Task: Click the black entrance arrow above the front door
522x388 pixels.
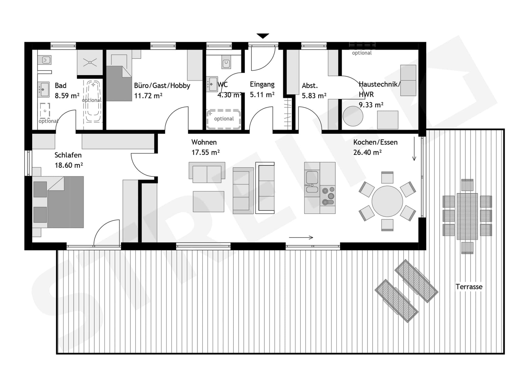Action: (x=263, y=36)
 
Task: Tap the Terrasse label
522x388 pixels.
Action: (x=469, y=287)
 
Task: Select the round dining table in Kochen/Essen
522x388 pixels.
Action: (x=387, y=201)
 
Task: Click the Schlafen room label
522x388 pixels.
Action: (x=68, y=155)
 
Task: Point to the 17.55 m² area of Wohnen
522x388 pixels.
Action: (x=205, y=152)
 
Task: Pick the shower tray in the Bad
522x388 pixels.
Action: (x=90, y=63)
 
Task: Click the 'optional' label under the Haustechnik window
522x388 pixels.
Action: (x=362, y=53)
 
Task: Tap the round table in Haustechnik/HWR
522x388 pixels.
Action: (x=353, y=116)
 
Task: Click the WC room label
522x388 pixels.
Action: (x=222, y=85)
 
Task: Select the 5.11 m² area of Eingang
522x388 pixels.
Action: (x=262, y=95)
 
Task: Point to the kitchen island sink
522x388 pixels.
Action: (x=312, y=182)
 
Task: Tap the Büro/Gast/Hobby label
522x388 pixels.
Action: (x=162, y=86)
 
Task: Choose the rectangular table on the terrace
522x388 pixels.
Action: (x=467, y=216)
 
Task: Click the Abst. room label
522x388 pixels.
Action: (x=310, y=86)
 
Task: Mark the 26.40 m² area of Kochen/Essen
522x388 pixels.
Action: (x=368, y=152)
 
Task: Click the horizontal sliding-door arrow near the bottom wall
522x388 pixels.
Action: (x=301, y=238)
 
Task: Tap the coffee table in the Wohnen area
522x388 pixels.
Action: (x=208, y=202)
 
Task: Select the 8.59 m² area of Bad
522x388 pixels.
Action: (x=67, y=96)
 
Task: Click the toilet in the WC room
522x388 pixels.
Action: (x=226, y=63)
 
